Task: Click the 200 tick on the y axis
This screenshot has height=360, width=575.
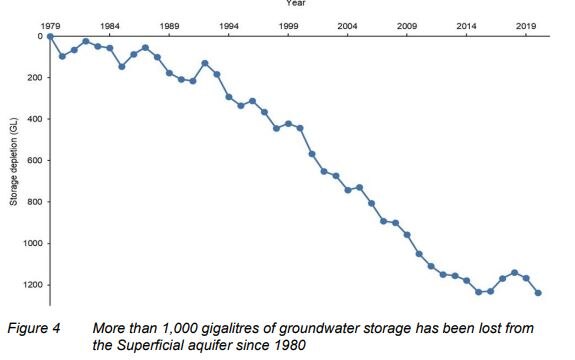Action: [31, 77]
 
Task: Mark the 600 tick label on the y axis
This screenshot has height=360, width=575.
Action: [31, 160]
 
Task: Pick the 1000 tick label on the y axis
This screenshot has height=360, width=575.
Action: [29, 243]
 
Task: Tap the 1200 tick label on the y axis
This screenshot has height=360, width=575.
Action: [29, 285]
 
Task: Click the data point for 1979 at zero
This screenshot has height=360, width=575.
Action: [50, 36]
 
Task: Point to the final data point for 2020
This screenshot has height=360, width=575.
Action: [538, 293]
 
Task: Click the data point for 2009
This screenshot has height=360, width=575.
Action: [407, 235]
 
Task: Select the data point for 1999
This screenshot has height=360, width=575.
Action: [288, 124]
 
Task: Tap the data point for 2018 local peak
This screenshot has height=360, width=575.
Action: [514, 272]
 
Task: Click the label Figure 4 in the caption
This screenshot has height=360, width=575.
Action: [36, 327]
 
